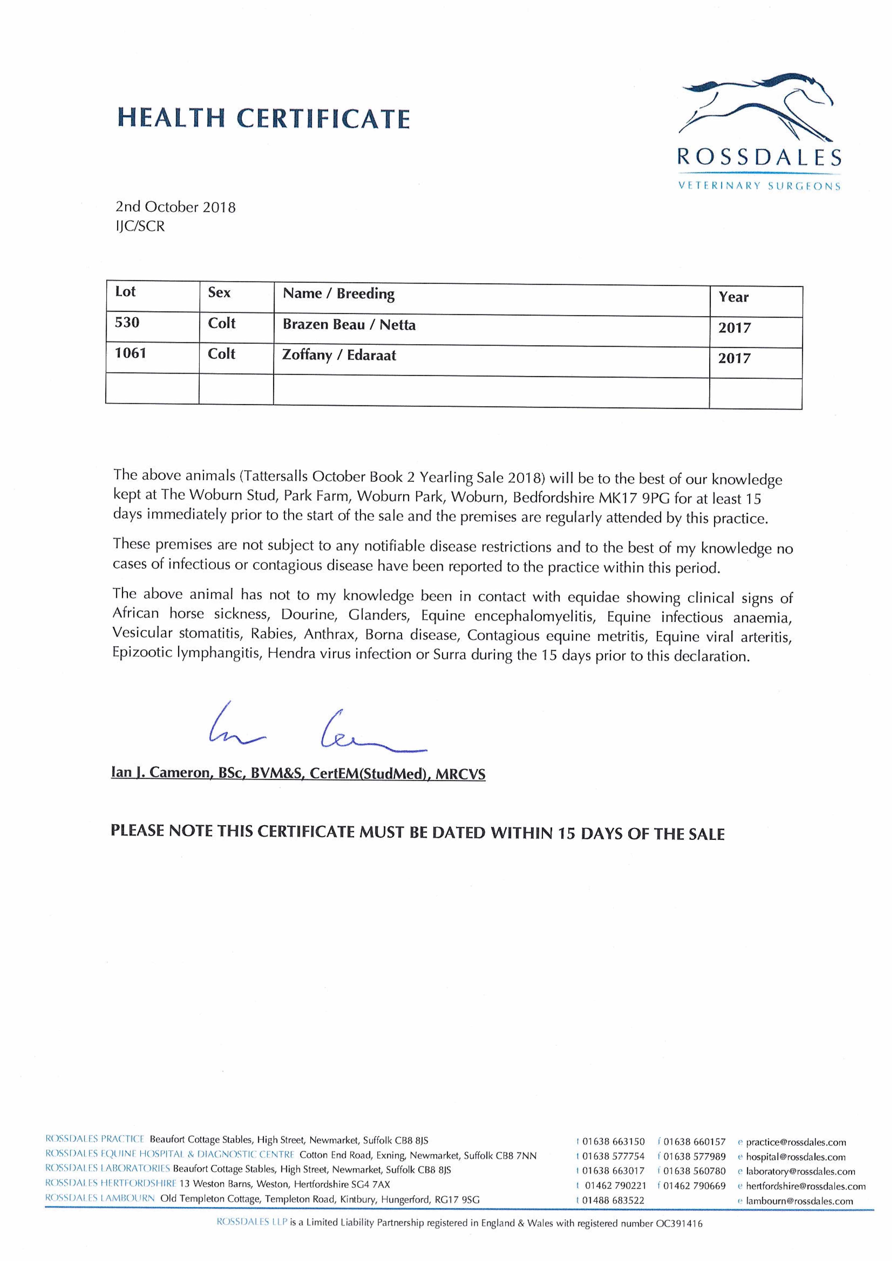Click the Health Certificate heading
264,118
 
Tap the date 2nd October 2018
175,207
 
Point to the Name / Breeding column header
338,294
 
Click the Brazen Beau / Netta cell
349,325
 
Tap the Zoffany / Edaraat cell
339,355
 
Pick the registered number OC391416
679,1224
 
